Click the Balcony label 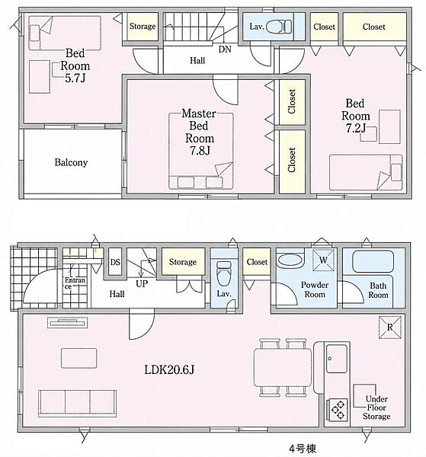click(x=71, y=162)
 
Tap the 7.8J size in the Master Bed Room click(x=200, y=150)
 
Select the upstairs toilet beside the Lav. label click(x=279, y=26)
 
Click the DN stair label click(x=225, y=49)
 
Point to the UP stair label click(x=142, y=283)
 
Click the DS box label click(x=115, y=262)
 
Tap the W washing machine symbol click(x=323, y=260)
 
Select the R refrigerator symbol click(x=390, y=328)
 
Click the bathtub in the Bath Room click(x=373, y=261)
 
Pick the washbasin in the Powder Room click(x=290, y=260)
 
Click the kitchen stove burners click(x=338, y=410)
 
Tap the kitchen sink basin click(x=337, y=359)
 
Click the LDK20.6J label click(x=169, y=370)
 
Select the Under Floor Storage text click(x=376, y=407)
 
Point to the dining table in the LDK click(x=283, y=368)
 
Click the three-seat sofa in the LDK click(x=77, y=404)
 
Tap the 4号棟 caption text click(x=303, y=449)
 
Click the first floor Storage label click(x=183, y=262)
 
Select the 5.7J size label click(x=75, y=78)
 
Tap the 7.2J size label click(x=356, y=128)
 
